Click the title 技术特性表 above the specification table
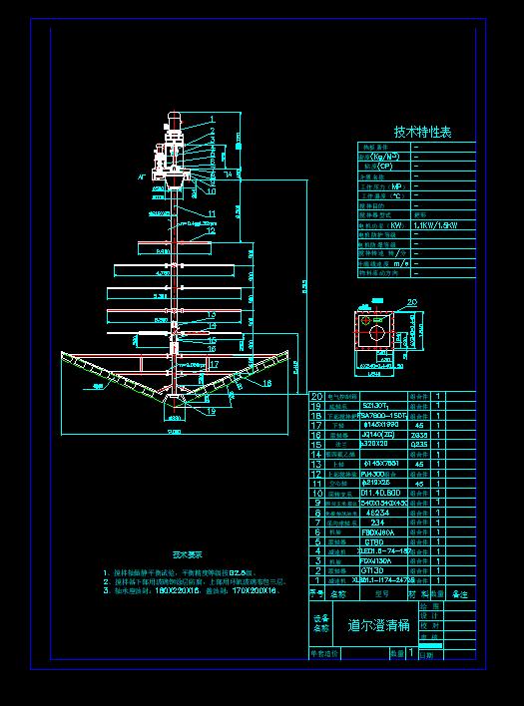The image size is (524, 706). click(x=422, y=132)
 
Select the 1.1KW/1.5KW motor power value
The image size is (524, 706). click(x=435, y=225)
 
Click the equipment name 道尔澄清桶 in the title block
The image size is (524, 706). click(x=379, y=626)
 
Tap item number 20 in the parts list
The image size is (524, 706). click(x=317, y=396)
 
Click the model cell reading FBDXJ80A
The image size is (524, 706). click(x=377, y=531)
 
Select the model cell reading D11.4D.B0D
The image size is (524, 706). click(x=380, y=493)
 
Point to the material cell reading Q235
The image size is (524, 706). click(x=419, y=445)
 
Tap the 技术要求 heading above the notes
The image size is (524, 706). click(x=187, y=553)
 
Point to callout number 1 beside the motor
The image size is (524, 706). click(x=212, y=120)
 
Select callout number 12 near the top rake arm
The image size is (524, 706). click(x=211, y=230)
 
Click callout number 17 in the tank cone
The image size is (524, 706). click(x=214, y=364)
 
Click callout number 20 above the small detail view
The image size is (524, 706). click(x=411, y=303)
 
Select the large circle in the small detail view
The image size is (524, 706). click(x=376, y=334)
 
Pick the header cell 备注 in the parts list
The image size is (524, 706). click(x=460, y=593)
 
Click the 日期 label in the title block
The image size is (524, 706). click(x=428, y=654)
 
